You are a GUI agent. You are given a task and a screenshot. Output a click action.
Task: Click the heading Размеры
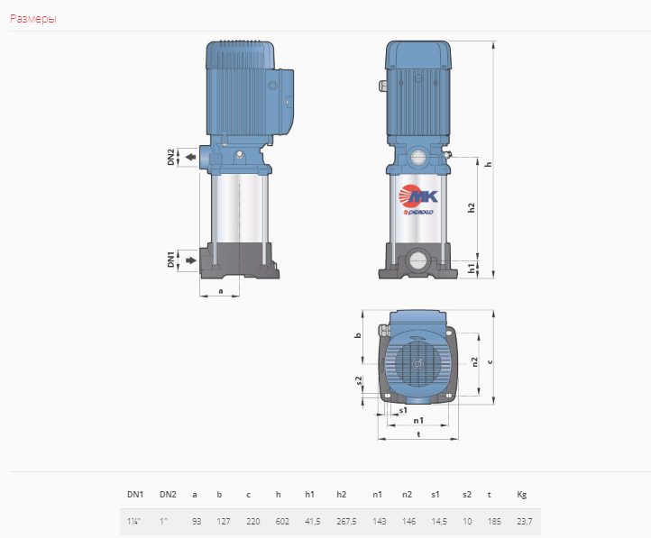(x=33, y=19)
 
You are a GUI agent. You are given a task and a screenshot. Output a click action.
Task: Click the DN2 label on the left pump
(x=171, y=157)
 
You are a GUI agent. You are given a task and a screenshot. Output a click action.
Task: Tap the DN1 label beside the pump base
(x=171, y=259)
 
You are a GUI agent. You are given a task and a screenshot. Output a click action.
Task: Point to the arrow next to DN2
(x=190, y=157)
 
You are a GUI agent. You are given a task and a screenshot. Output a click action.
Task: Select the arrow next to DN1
(x=190, y=260)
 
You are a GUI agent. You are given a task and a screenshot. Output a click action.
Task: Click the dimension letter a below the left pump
(x=221, y=291)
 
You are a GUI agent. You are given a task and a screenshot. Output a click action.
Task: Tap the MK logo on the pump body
(x=418, y=196)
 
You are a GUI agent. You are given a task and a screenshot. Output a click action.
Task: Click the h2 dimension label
(x=471, y=208)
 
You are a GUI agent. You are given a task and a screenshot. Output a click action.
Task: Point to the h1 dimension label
(x=472, y=269)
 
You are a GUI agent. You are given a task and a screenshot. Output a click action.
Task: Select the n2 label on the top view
(x=475, y=362)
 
